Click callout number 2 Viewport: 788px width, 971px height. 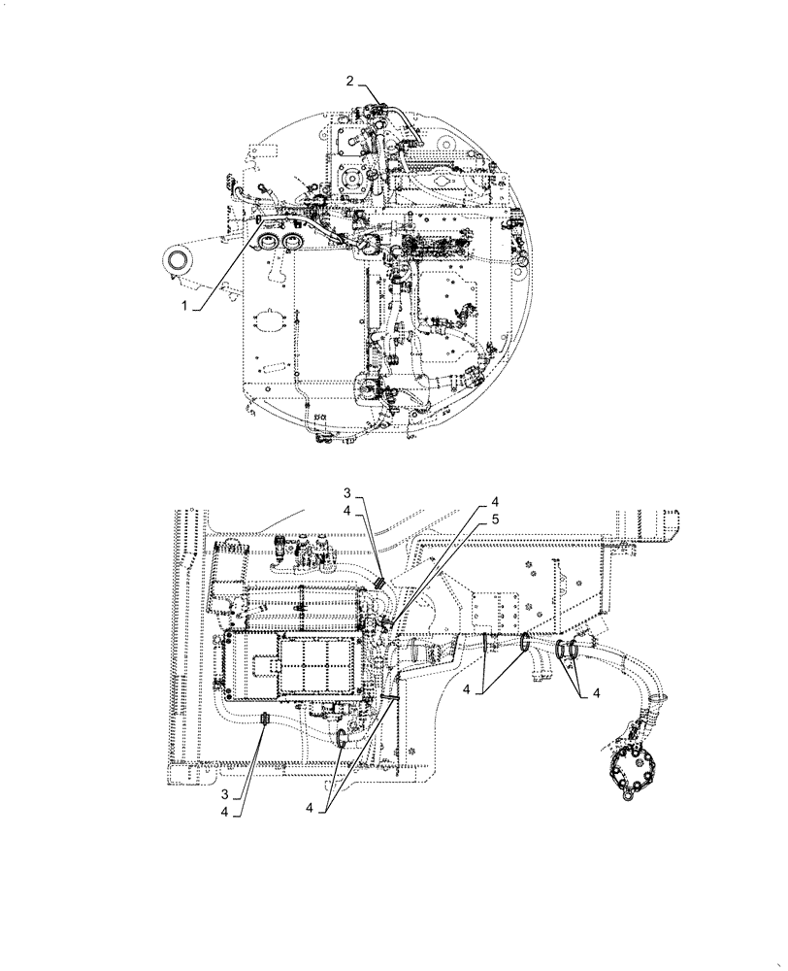coord(350,82)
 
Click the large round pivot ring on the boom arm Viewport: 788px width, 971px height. coord(179,260)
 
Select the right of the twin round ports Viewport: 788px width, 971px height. coord(290,241)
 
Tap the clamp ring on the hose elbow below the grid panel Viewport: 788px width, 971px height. coord(343,741)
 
